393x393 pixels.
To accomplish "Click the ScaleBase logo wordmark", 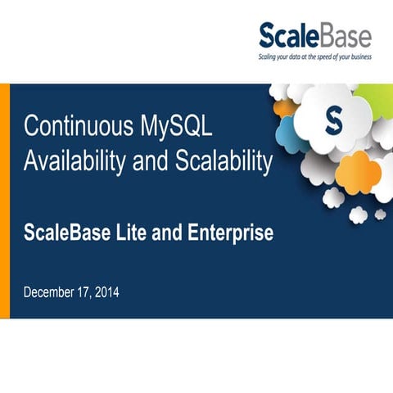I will (x=315, y=35).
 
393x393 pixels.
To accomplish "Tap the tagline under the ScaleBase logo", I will (x=315, y=57).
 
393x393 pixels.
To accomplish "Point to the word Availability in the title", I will (x=70, y=161).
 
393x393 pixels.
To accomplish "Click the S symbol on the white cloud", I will (x=333, y=124).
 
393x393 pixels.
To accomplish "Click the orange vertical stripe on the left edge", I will (x=4, y=201).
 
